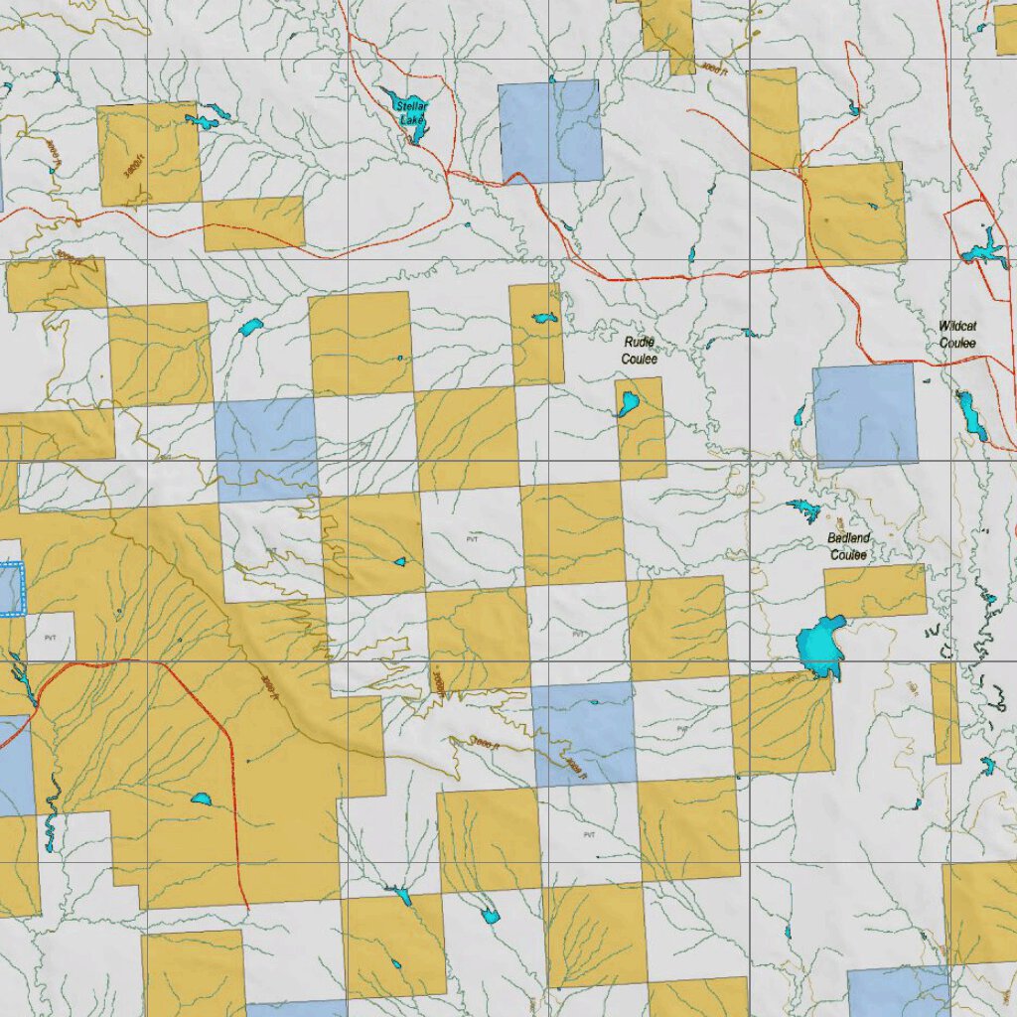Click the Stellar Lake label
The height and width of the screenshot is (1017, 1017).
pyautogui.click(x=411, y=112)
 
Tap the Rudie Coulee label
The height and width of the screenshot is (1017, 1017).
pyautogui.click(x=640, y=350)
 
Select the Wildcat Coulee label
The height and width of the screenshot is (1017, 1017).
pyautogui.click(x=957, y=335)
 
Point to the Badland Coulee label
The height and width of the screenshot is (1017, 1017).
pyautogui.click(x=848, y=545)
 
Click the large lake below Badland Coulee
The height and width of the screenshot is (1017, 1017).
pyautogui.click(x=820, y=648)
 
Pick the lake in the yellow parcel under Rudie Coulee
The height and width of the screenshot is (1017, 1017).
pyautogui.click(x=628, y=403)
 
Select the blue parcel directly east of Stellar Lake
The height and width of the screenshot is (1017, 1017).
pyautogui.click(x=551, y=131)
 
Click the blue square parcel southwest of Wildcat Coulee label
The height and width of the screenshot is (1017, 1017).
pyautogui.click(x=865, y=414)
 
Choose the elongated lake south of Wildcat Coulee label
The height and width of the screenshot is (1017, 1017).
pyautogui.click(x=970, y=415)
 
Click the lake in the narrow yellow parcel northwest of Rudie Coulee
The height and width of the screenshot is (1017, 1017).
pyautogui.click(x=542, y=318)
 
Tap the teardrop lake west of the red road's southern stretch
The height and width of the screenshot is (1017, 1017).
pyautogui.click(x=202, y=799)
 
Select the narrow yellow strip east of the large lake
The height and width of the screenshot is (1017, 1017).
pyautogui.click(x=946, y=712)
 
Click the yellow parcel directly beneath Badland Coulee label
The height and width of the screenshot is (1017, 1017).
pyautogui.click(x=875, y=591)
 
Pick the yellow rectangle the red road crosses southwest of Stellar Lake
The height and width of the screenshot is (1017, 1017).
pyautogui.click(x=253, y=223)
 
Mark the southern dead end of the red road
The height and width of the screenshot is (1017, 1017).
pyautogui.click(x=245, y=907)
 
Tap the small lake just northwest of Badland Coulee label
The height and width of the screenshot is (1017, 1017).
pyautogui.click(x=804, y=510)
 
